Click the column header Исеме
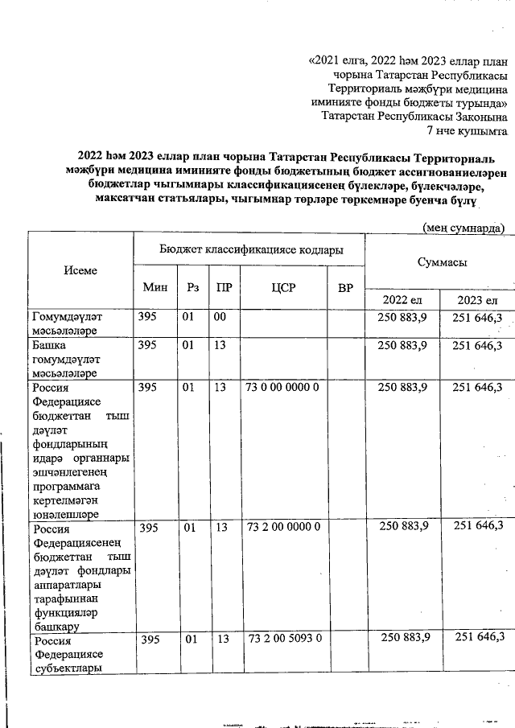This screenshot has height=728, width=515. (x=80, y=270)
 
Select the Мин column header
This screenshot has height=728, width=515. (x=154, y=287)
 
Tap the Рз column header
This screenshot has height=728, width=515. (x=192, y=287)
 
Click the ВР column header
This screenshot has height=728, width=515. (x=346, y=287)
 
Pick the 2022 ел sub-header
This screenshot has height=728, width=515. (x=403, y=300)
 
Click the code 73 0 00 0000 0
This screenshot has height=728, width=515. (x=284, y=388)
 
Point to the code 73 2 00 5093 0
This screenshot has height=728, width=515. (x=284, y=638)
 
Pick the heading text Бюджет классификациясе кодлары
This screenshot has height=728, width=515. (x=250, y=249)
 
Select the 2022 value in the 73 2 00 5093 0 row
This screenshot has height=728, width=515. (x=403, y=638)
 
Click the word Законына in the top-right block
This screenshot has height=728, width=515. (x=479, y=116)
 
